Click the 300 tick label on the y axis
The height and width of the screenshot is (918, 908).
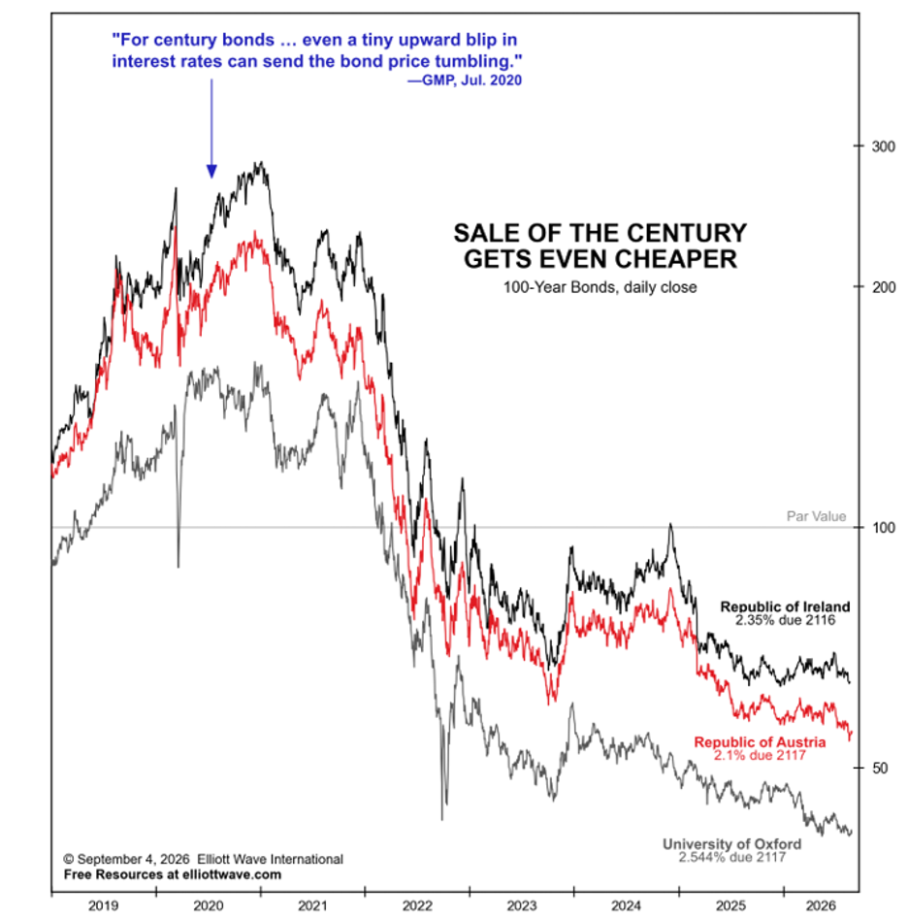pyautogui.click(x=884, y=147)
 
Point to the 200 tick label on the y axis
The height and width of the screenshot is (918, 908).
pyautogui.click(x=884, y=287)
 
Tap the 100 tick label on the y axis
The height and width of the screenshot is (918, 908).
pyautogui.click(x=884, y=528)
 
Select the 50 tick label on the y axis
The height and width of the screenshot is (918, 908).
pyautogui.click(x=880, y=769)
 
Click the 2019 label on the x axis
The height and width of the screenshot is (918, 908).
pyautogui.click(x=103, y=906)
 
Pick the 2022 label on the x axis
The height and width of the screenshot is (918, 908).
pyautogui.click(x=417, y=906)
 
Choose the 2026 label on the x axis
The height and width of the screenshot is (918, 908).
pyautogui.click(x=821, y=906)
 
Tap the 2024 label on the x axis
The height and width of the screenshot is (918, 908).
pyautogui.click(x=626, y=906)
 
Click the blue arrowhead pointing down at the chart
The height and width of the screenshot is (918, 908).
pyautogui.click(x=211, y=171)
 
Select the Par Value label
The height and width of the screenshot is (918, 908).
pyautogui.click(x=816, y=516)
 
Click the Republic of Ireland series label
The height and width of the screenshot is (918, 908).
pyautogui.click(x=785, y=607)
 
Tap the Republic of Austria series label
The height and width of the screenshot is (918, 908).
pyautogui.click(x=760, y=742)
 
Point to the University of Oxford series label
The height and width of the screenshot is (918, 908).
pyautogui.click(x=731, y=844)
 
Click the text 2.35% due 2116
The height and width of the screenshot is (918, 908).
pyautogui.click(x=785, y=621)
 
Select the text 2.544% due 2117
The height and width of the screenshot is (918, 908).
pyautogui.click(x=731, y=858)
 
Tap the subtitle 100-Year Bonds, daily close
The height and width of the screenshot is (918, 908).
pyautogui.click(x=600, y=287)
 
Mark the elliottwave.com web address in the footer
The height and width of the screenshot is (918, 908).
pyautogui.click(x=232, y=874)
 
